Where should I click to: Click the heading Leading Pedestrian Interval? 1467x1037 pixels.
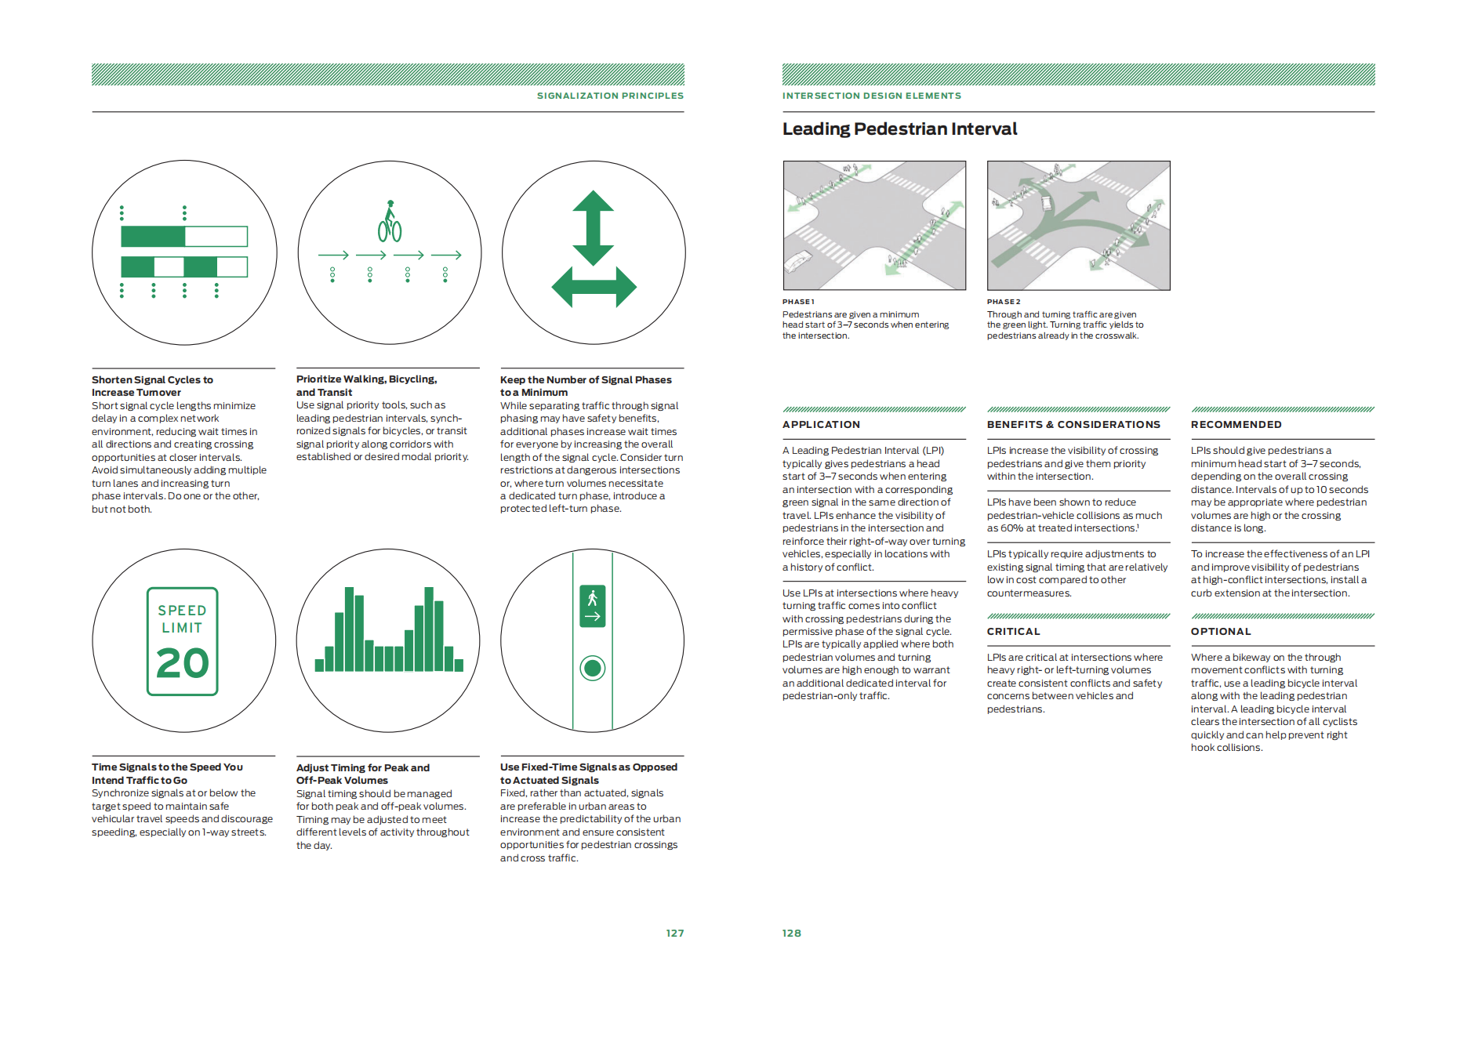click(x=899, y=129)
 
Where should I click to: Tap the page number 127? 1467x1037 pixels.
click(x=674, y=933)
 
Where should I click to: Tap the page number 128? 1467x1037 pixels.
click(x=791, y=933)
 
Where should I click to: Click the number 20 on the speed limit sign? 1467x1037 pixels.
click(x=183, y=663)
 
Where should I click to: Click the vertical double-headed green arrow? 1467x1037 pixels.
click(x=593, y=227)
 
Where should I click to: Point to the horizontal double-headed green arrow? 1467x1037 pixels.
click(x=594, y=287)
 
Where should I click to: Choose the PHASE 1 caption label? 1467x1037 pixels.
click(x=798, y=302)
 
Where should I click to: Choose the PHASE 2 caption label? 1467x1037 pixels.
click(x=1004, y=302)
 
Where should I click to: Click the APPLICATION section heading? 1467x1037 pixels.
click(x=821, y=425)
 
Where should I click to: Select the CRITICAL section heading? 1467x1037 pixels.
click(x=1013, y=632)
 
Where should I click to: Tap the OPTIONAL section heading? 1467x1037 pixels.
click(x=1221, y=632)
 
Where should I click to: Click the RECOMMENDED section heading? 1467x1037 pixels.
click(x=1236, y=425)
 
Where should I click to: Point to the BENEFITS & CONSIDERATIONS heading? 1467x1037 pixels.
click(x=1073, y=425)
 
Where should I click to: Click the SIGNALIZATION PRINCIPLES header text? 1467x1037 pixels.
click(x=610, y=96)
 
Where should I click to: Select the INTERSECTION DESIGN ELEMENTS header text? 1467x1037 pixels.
click(x=871, y=96)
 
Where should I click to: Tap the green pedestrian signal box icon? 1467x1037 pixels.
click(x=593, y=606)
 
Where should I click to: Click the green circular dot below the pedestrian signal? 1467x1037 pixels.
click(x=593, y=669)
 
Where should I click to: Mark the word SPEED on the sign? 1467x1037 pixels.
click(x=182, y=610)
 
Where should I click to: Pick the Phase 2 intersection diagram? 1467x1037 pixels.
click(x=1078, y=226)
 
